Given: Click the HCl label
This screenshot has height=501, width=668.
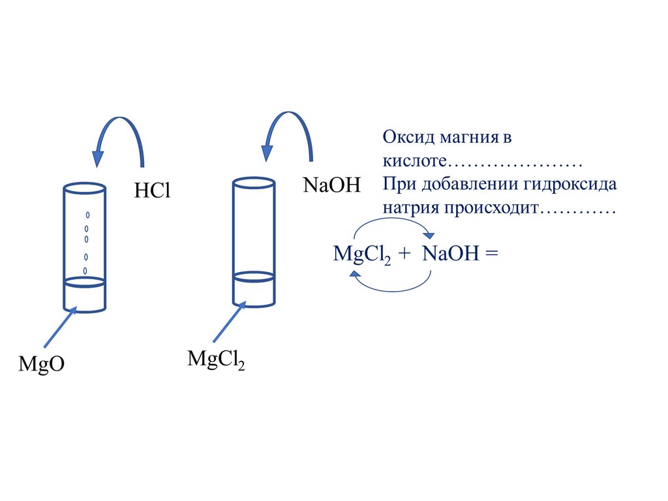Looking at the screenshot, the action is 151,190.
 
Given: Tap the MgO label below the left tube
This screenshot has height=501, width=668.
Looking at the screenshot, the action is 41,363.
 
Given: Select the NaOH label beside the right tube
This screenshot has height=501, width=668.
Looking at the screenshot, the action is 331,185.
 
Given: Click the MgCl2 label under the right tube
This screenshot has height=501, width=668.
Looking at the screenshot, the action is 216,360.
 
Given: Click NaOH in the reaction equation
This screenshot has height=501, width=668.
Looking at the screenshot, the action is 450,253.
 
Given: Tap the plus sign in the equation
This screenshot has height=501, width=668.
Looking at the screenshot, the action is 404,254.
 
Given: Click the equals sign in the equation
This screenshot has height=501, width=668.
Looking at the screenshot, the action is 491,254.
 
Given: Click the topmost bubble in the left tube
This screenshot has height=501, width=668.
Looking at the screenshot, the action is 87,215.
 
